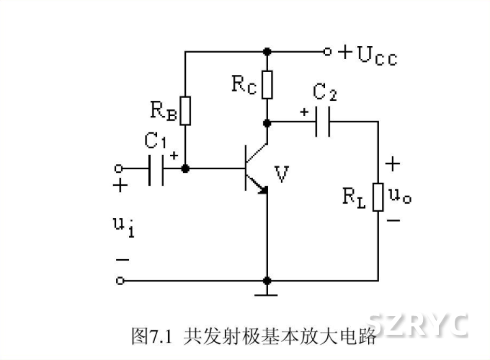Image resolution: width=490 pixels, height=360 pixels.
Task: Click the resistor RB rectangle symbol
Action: click(x=185, y=111)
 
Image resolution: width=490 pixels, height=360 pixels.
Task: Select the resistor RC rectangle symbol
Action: click(x=267, y=85)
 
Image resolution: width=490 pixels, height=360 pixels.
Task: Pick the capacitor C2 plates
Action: click(x=324, y=122)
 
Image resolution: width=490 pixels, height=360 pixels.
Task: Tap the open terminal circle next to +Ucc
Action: click(x=327, y=52)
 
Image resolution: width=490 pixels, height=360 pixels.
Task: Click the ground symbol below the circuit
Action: click(x=267, y=292)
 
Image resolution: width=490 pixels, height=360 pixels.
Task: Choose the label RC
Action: click(x=244, y=84)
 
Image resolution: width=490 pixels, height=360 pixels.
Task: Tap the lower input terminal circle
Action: click(x=119, y=280)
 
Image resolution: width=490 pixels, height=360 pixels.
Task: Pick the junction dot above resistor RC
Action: click(x=267, y=52)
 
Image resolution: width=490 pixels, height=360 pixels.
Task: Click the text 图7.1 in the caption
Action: click(x=149, y=335)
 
